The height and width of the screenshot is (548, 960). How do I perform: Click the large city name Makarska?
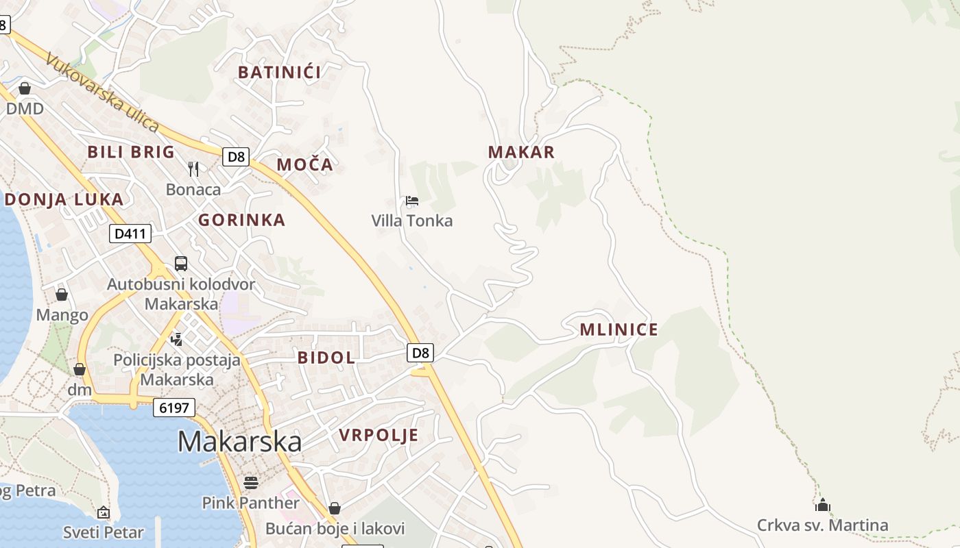pos(239,442)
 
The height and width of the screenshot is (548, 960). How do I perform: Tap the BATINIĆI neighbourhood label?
pos(279,72)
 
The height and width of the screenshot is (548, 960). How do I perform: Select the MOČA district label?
pos(304,164)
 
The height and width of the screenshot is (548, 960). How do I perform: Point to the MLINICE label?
pos(619,329)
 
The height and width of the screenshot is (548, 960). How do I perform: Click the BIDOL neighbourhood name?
pos(326,357)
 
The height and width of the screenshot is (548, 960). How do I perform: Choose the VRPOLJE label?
pos(379,436)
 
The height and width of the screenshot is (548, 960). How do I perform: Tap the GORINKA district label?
pos(241,220)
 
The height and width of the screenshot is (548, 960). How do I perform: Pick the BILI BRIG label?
pos(131,152)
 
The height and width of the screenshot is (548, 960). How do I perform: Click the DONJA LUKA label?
pos(64,199)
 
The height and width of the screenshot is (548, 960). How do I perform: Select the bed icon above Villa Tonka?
pos(412,201)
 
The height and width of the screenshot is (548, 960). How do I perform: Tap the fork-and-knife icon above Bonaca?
pos(193,169)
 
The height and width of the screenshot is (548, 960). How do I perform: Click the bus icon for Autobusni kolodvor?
pos(181,264)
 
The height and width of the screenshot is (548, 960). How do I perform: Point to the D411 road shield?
pos(130,234)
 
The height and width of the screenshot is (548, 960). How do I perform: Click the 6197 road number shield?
pos(174,408)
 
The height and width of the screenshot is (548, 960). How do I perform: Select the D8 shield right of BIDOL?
pos(420,353)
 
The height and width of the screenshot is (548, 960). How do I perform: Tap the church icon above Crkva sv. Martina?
pos(822,506)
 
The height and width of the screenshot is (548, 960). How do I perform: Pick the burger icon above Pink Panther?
pos(250,483)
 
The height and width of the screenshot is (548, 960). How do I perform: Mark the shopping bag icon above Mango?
pos(62,295)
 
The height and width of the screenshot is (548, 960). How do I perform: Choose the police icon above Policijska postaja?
pos(177,338)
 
